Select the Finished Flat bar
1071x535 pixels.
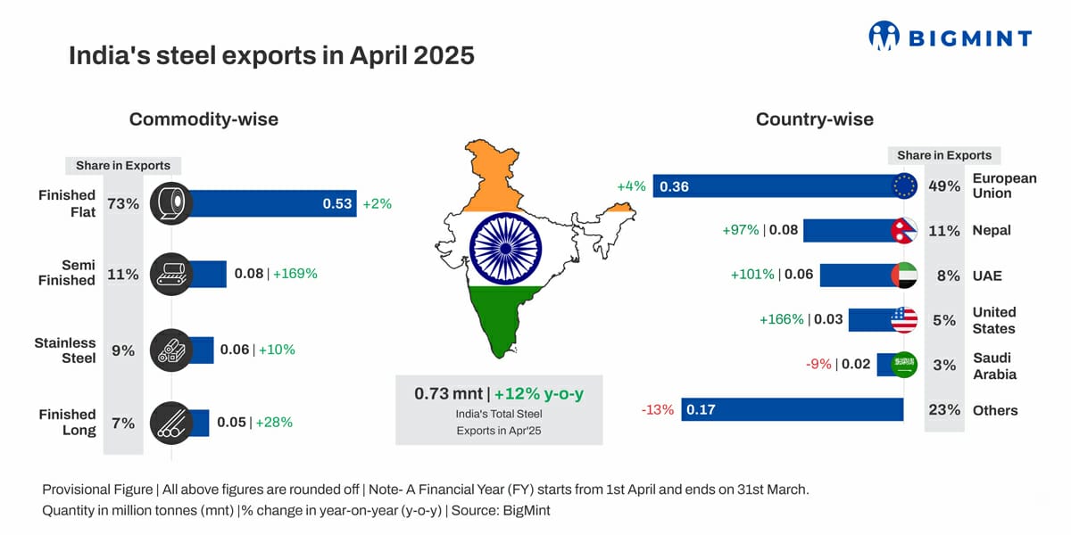click(268, 203)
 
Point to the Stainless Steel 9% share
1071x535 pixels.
click(123, 351)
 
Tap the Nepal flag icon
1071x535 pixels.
click(904, 230)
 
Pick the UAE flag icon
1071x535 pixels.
click(904, 276)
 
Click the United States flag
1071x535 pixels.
click(904, 320)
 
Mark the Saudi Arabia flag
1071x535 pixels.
click(904, 365)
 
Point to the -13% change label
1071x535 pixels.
click(657, 410)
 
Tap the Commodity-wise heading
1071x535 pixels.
click(203, 119)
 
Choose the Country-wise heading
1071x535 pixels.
click(814, 119)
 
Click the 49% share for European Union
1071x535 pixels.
click(944, 186)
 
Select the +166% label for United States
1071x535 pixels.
click(781, 319)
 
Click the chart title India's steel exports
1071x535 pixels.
click(271, 56)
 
